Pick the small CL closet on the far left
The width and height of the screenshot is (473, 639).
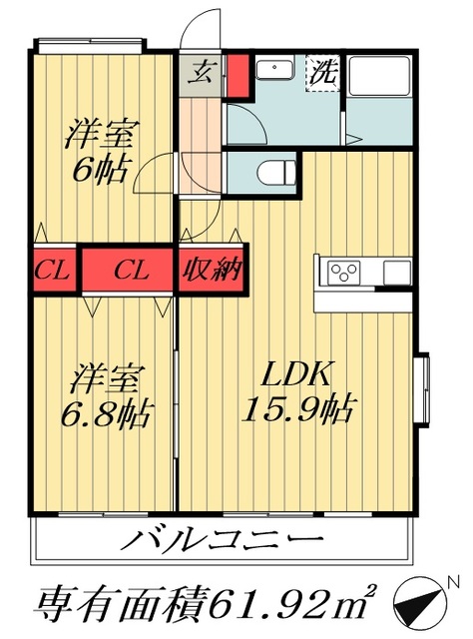(48, 271)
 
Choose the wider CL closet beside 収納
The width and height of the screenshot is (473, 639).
(129, 271)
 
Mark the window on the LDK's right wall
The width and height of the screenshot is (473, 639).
(423, 383)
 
